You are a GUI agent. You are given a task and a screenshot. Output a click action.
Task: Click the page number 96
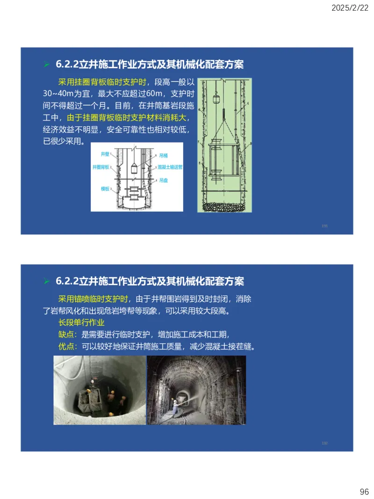pos(364,492)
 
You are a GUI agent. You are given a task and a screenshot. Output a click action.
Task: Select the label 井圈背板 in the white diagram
pos(101,167)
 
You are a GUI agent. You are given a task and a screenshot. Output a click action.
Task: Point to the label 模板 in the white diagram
pos(105,188)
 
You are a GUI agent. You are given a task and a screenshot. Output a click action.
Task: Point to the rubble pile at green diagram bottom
pos(224,206)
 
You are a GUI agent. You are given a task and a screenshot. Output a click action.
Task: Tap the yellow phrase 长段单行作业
pos(81,323)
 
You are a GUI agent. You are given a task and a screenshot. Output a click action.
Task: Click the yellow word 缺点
pos(66,334)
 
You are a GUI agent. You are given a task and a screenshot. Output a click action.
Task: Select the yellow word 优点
pos(66,347)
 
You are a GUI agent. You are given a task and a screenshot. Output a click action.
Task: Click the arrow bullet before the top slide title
pos(46,64)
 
